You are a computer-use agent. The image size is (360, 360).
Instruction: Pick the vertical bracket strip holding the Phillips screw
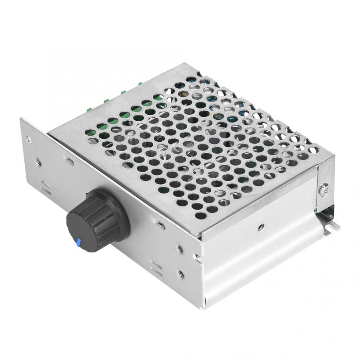tap(324, 188)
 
